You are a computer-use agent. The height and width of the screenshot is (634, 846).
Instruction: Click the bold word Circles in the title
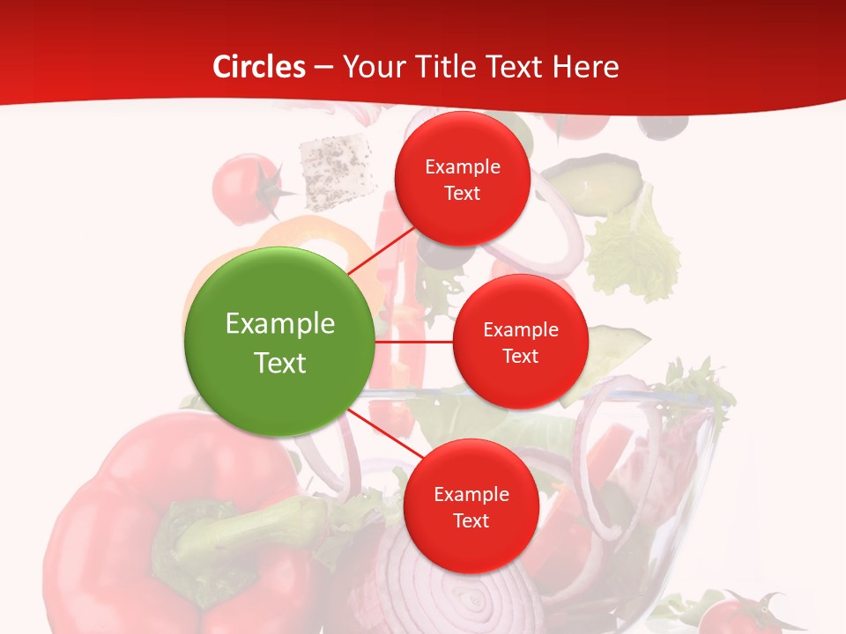[259, 67]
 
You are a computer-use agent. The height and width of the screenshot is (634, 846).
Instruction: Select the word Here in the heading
[585, 67]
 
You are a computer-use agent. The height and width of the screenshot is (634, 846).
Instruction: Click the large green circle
[279, 342]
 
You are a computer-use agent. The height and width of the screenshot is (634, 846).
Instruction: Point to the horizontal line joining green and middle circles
[413, 342]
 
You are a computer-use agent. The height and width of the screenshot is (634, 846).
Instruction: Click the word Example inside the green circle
[279, 323]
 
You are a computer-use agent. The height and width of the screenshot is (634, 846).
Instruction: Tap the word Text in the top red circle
[462, 194]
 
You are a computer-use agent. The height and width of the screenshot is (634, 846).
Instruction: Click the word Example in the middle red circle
[520, 329]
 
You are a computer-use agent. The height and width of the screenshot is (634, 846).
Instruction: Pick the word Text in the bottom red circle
[471, 521]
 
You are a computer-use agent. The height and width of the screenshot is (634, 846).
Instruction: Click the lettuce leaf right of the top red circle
[634, 251]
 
